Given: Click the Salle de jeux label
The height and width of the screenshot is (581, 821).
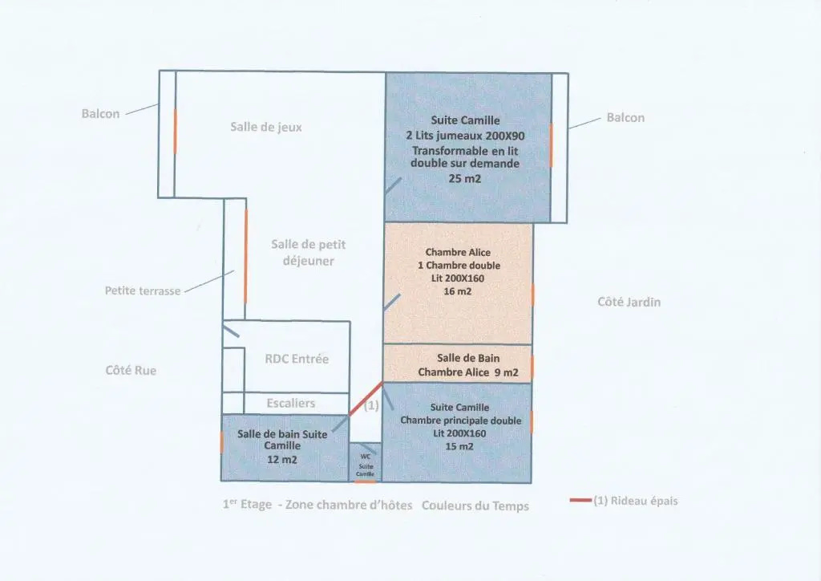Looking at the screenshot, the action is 266,127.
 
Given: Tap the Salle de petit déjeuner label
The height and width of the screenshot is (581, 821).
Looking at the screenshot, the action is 309,253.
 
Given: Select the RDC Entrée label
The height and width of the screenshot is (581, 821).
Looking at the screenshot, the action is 297,359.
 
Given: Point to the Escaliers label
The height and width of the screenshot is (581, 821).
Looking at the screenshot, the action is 290,403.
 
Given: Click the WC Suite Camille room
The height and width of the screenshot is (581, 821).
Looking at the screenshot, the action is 366,462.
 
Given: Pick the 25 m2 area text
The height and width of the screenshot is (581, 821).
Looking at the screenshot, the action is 464,178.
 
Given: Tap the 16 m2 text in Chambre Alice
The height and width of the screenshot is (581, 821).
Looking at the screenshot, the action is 458,291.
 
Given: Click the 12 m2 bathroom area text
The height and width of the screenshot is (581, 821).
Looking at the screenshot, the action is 282,460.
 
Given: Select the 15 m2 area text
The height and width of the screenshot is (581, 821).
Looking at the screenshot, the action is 459,446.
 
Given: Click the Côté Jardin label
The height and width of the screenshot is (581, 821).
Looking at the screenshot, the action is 629,302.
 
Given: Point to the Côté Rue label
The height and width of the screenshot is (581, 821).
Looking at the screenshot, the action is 131,371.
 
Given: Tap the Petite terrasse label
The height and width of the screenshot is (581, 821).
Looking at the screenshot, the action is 143,290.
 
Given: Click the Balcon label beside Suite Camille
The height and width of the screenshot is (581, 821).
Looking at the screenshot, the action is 625,117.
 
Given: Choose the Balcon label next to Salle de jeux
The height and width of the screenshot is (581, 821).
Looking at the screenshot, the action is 100,114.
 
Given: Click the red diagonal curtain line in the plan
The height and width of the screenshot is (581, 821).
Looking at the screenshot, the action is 366,400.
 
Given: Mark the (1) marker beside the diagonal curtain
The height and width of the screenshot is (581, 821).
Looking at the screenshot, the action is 371,405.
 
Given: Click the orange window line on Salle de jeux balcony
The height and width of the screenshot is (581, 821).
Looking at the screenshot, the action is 175,132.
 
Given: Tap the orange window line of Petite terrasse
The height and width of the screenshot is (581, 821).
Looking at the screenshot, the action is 245,256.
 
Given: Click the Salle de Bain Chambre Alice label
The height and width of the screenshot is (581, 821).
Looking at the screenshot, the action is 468,365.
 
